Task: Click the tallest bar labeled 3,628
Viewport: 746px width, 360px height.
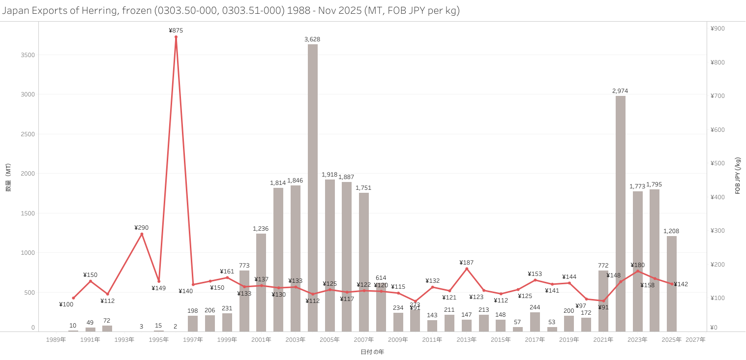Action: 312,187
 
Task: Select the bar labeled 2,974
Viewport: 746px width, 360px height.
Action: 620,211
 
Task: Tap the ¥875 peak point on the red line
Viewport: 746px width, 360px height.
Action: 176,37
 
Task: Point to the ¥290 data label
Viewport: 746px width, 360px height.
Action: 141,228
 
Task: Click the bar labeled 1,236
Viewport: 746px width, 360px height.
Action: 261,283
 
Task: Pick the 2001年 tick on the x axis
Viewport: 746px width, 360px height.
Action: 261,339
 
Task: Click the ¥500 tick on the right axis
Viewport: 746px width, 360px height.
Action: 717,163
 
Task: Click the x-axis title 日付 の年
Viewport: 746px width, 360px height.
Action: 372,352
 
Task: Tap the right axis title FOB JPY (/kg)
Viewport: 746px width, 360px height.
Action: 738,176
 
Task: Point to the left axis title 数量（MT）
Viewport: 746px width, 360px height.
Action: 8,178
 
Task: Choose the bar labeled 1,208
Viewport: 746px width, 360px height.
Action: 671,284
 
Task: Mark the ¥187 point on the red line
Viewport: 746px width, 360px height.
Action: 466,269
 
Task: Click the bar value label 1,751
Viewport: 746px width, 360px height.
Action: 363,188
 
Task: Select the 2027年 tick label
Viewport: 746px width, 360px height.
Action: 695,339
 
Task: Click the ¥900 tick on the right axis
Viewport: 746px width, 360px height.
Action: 717,29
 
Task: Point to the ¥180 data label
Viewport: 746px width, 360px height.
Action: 638,265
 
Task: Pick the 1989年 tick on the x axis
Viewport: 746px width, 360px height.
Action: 56,339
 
